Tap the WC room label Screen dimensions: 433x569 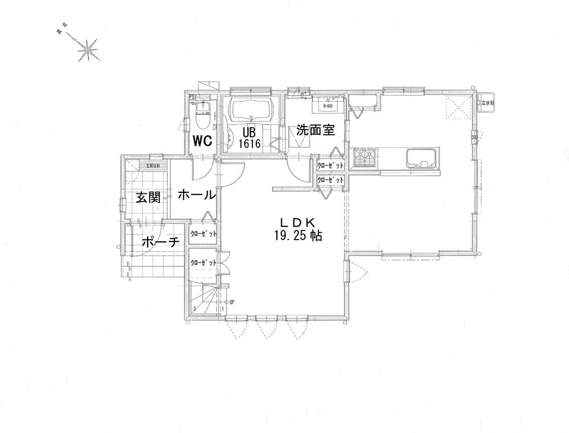[202, 140]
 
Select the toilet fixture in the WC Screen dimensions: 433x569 [202, 115]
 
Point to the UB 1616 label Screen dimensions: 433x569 [250, 138]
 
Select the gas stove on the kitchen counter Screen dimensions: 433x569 [363, 157]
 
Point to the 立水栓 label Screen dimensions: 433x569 [488, 103]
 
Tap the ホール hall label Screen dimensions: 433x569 [197, 195]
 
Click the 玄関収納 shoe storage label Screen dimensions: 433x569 [153, 166]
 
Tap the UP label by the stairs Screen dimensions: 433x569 [232, 302]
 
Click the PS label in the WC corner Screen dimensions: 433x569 [192, 97]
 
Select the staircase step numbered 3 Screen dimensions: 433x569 [195, 309]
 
